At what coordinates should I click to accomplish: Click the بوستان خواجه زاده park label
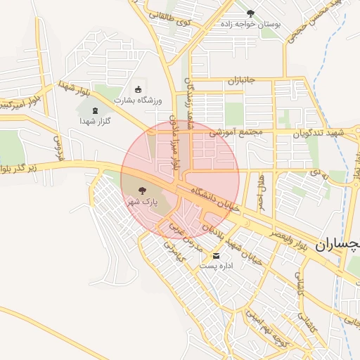coord(252,24)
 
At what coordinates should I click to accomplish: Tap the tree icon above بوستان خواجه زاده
coord(251,13)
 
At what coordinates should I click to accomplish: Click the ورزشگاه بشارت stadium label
coord(139,100)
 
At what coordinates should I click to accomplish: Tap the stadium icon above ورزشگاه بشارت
coord(138,89)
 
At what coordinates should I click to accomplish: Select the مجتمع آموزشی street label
coord(236,131)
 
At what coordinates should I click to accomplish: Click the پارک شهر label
coord(142,201)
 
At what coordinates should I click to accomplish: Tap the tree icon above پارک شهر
coord(142,189)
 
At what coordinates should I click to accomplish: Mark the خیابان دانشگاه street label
coord(210,191)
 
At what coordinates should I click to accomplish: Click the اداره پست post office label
coord(215,266)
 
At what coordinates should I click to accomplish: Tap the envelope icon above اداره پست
coord(215,255)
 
